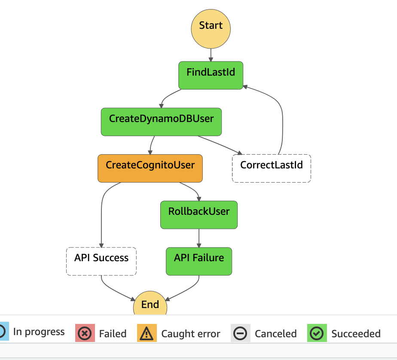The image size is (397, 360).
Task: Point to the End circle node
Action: pos(150,305)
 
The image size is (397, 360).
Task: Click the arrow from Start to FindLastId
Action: pos(211,55)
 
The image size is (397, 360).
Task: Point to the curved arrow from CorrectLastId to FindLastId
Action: pos(281,112)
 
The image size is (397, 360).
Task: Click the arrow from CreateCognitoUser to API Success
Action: pos(102,215)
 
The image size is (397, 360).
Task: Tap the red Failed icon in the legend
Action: pos(85,333)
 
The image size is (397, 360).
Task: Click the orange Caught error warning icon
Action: pos(147,333)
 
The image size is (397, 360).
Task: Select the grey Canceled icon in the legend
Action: pos(240,333)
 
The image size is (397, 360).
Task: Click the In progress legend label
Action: pos(39,332)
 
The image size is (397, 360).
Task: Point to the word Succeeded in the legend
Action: pos(356,334)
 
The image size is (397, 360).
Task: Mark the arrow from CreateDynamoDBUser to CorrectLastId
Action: pos(219,145)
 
